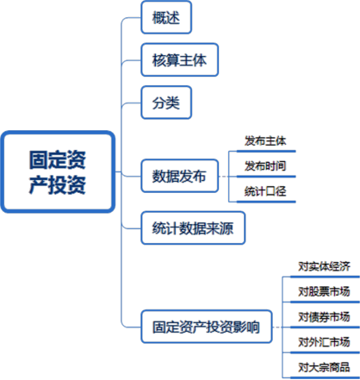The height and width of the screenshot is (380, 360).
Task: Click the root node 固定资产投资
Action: coord(58,171)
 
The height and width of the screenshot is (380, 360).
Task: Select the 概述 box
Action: coord(166,17)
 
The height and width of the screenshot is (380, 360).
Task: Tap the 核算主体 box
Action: coord(180,60)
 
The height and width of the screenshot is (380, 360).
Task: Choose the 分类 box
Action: coord(166,103)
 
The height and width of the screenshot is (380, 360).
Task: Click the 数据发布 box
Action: coord(180,176)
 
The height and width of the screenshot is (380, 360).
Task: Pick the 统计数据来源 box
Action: coord(193,228)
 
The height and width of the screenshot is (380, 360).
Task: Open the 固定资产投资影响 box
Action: coord(207,327)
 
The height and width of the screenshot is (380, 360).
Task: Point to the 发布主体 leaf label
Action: coord(265,141)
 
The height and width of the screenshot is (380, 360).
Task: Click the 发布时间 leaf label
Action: coord(265,166)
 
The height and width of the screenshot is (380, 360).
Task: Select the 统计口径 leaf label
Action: coord(265,191)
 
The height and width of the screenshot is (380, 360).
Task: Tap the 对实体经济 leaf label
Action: coord(324,266)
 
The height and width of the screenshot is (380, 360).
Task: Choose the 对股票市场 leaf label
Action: coord(324,291)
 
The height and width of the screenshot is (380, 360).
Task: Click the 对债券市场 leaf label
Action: coord(324,317)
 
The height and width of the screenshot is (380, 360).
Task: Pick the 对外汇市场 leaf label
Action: coord(324,342)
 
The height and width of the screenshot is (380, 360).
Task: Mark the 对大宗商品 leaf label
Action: coord(324,367)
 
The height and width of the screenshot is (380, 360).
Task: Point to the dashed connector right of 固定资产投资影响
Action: coord(277,327)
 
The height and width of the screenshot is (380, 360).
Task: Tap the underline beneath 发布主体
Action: coord(266,151)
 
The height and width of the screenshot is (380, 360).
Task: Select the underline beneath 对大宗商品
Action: coord(325,377)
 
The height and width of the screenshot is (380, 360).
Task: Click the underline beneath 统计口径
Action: coord(266,202)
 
